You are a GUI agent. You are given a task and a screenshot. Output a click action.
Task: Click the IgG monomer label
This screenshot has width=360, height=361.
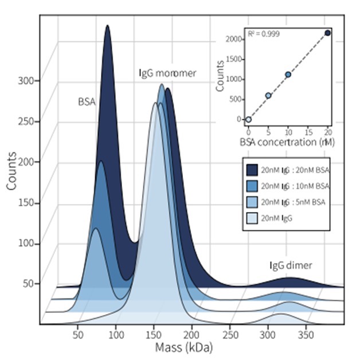167,73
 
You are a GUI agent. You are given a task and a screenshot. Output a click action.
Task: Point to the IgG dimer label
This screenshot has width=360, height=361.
291,265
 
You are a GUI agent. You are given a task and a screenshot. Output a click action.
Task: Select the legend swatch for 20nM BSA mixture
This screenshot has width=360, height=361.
251,170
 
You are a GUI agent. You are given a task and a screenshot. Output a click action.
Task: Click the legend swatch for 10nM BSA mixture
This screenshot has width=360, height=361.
251,186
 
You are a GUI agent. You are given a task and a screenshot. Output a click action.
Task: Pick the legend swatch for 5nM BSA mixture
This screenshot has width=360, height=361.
251,202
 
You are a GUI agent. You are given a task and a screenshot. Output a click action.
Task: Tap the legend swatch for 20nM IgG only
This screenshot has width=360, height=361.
251,218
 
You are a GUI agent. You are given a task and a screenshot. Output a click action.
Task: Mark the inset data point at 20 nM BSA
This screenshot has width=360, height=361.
327,33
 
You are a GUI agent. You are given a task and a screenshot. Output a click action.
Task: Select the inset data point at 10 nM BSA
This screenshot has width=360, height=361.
288,74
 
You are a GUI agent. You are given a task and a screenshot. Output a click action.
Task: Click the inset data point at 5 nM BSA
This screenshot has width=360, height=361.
268,95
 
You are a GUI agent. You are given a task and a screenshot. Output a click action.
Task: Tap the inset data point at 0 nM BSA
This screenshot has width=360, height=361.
248,119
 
